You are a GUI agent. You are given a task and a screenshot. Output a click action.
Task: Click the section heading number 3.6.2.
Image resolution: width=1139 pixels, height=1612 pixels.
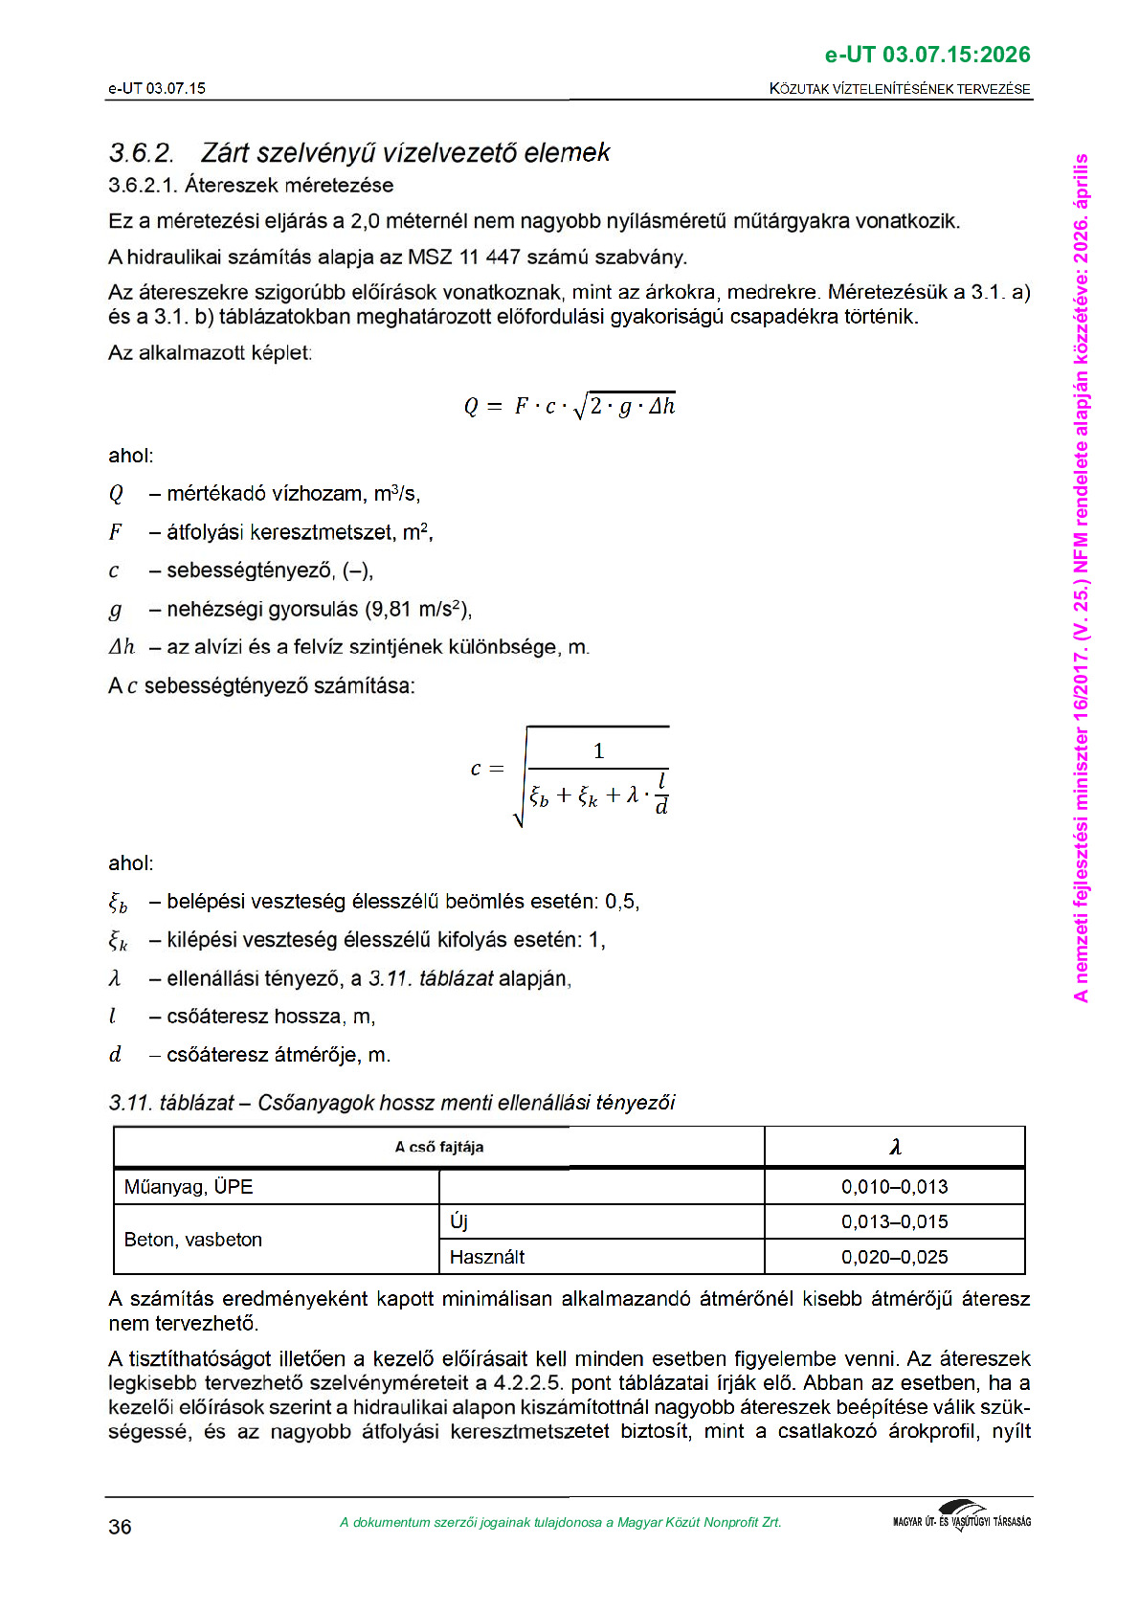(142, 153)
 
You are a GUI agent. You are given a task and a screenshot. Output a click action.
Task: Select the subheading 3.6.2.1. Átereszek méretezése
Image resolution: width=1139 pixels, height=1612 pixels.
(251, 186)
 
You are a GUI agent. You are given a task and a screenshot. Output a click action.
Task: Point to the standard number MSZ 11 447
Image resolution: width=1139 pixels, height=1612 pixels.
(464, 257)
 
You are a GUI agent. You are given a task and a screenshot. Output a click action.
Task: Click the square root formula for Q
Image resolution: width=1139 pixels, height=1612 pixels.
(569, 407)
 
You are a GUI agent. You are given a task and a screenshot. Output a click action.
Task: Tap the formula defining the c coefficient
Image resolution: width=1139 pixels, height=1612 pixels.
(571, 776)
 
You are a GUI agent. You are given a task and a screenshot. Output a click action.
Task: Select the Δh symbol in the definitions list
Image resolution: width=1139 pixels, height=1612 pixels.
(122, 648)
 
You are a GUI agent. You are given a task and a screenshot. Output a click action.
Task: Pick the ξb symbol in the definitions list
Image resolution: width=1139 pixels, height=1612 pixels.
(118, 903)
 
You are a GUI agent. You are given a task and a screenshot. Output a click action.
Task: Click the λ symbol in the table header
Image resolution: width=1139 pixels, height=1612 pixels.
(895, 1147)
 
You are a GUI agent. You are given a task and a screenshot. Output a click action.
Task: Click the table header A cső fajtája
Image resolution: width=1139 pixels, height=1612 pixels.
(439, 1147)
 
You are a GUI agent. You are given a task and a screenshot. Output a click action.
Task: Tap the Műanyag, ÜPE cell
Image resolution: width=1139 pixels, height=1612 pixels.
(189, 1187)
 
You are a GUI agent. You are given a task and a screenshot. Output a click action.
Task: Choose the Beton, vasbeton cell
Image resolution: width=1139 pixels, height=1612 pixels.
(193, 1240)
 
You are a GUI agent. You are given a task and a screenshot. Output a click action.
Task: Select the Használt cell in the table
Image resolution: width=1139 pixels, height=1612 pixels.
(487, 1257)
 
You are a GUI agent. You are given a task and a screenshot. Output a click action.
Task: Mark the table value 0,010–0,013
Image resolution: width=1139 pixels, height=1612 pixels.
(895, 1187)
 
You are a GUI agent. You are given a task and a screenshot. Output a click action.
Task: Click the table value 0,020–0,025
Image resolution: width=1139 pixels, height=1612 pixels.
(895, 1257)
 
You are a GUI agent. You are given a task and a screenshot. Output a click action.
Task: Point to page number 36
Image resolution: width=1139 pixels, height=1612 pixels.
(120, 1527)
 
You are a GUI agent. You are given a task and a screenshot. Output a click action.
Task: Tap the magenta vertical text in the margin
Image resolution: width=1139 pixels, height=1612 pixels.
(1082, 577)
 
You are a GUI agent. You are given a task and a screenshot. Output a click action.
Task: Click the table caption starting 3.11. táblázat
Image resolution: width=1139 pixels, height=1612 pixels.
(391, 1103)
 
